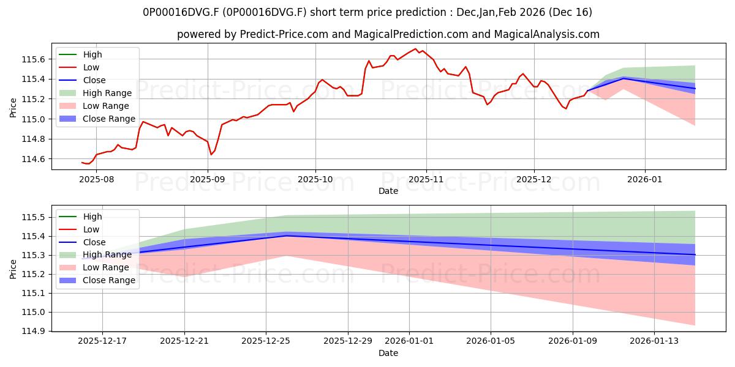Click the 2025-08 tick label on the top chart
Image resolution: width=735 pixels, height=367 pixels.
click(96, 179)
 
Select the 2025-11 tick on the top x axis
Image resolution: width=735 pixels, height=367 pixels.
click(426, 179)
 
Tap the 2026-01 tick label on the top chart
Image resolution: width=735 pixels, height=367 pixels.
click(644, 179)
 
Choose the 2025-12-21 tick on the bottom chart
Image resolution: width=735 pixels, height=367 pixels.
click(184, 341)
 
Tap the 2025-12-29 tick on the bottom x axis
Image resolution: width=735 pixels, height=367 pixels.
click(348, 341)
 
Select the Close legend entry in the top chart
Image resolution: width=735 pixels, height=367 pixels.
click(94, 80)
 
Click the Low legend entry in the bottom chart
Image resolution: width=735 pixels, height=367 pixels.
click(91, 229)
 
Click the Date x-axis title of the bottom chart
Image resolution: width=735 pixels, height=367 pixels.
click(388, 353)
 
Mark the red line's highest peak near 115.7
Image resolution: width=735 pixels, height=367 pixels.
click(415, 49)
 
